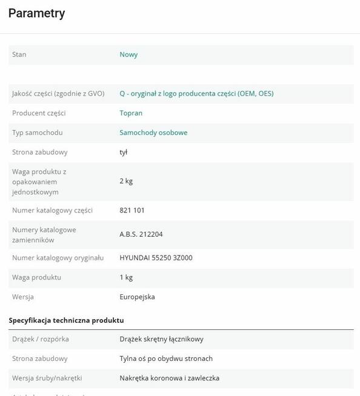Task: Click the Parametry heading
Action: (37, 13)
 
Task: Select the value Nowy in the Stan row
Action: (128, 54)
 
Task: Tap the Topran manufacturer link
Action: (131, 113)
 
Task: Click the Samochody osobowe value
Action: (153, 133)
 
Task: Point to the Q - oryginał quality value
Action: (196, 94)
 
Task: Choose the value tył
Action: (124, 152)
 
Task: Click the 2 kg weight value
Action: (126, 181)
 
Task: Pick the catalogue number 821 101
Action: (132, 210)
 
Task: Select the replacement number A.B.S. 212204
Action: (141, 234)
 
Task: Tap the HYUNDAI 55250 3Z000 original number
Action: (156, 258)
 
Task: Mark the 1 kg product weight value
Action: (126, 277)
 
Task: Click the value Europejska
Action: (137, 297)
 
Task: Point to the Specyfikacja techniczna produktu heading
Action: (66, 320)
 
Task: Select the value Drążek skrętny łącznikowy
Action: (161, 339)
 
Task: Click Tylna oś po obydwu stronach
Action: (166, 358)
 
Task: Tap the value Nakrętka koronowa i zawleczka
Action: (169, 378)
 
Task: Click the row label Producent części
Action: (39, 113)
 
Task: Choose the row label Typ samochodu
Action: (38, 133)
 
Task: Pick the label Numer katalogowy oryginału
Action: (58, 258)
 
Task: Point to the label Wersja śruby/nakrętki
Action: (47, 378)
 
